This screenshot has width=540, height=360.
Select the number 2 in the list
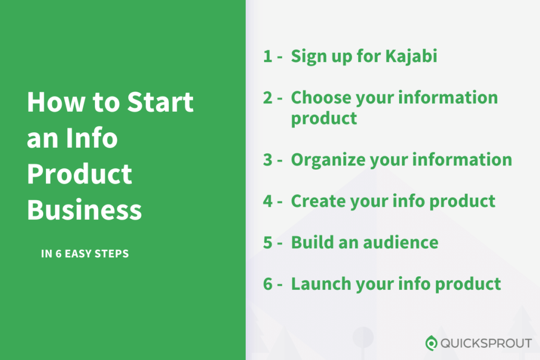[268, 98]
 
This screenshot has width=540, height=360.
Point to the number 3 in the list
[268, 160]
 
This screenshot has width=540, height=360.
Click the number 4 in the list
[268, 201]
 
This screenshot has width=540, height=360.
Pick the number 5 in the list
[268, 242]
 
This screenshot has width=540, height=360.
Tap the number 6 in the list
[268, 284]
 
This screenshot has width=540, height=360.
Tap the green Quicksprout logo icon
[431, 343]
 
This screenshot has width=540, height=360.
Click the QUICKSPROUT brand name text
[486, 344]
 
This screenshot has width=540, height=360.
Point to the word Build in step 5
[311, 242]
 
